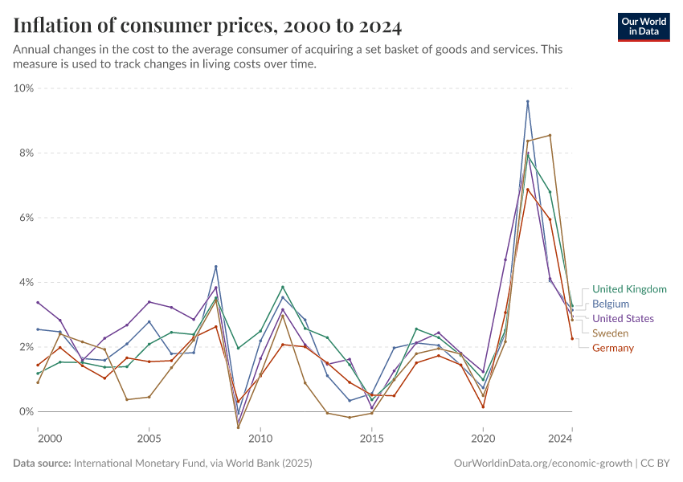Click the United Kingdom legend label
tap(629, 289)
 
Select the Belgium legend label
tap(610, 304)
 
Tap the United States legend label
tap(623, 319)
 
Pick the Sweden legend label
tap(611, 333)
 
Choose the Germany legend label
tap(613, 348)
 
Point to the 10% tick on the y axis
tap(23, 88)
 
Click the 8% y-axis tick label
tap(26, 153)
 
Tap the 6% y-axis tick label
tap(26, 218)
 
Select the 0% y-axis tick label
tap(26, 412)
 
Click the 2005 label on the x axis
tap(149, 439)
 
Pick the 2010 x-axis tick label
tap(260, 439)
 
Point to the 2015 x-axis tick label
tap(371, 439)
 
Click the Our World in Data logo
tap(643, 27)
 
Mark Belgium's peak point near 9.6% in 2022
tap(527, 102)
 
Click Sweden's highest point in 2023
tap(550, 135)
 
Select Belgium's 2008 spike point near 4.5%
tap(215, 267)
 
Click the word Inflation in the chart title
tap(55, 27)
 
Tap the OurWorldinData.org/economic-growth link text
tap(542, 464)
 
